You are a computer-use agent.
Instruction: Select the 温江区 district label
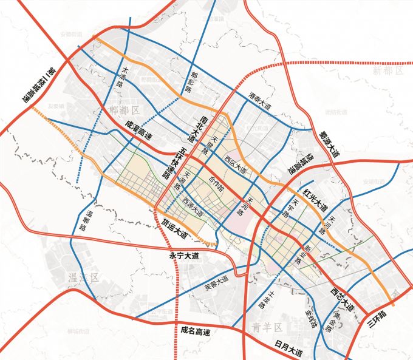click(x=80, y=277)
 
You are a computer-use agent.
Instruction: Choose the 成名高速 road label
click(x=195, y=332)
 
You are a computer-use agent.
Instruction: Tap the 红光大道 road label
click(x=316, y=198)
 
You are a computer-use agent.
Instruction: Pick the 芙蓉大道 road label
click(x=217, y=281)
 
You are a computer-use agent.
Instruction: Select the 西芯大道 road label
click(x=343, y=297)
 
